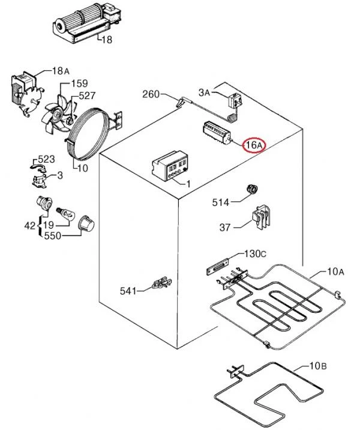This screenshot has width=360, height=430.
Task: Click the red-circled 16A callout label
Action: [x=254, y=145]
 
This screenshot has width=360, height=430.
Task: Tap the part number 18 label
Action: [x=107, y=40]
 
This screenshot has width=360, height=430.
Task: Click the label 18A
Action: [x=61, y=71]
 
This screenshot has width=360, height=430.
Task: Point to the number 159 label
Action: [x=79, y=83]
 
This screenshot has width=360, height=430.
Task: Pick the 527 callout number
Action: [x=87, y=95]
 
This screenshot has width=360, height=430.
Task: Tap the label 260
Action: [x=151, y=94]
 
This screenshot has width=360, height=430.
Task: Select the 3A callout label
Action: [x=204, y=92]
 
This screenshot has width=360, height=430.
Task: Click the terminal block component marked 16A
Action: [x=217, y=133]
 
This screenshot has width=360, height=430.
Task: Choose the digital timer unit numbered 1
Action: [x=170, y=166]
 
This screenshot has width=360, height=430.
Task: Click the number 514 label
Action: [x=221, y=202]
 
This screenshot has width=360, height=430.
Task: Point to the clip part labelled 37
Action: [x=261, y=217]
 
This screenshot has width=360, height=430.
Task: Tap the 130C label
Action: [x=255, y=254]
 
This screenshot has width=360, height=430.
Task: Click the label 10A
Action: [x=335, y=272]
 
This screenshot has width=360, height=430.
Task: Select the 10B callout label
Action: [x=318, y=366]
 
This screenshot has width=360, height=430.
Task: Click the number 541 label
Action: [x=128, y=291]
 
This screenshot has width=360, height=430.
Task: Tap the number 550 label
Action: [x=52, y=235]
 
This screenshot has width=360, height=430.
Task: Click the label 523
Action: [x=46, y=159]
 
